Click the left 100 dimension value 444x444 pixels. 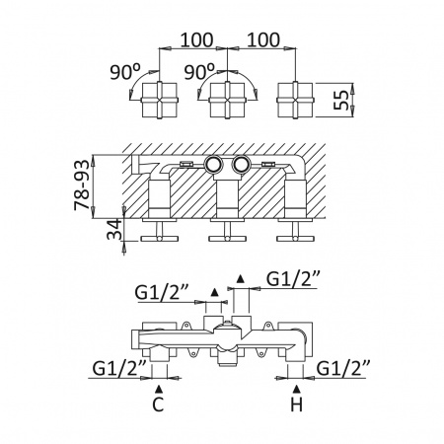point(197,39)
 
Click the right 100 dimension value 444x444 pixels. point(263,39)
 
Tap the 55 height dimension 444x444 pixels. point(340,100)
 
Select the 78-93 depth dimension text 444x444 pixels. point(82,185)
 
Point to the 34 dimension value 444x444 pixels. point(114,229)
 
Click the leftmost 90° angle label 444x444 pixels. point(125,72)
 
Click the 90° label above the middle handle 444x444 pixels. point(199,72)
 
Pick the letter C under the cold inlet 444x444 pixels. point(158,405)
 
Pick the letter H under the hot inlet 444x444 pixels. point(296,405)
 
